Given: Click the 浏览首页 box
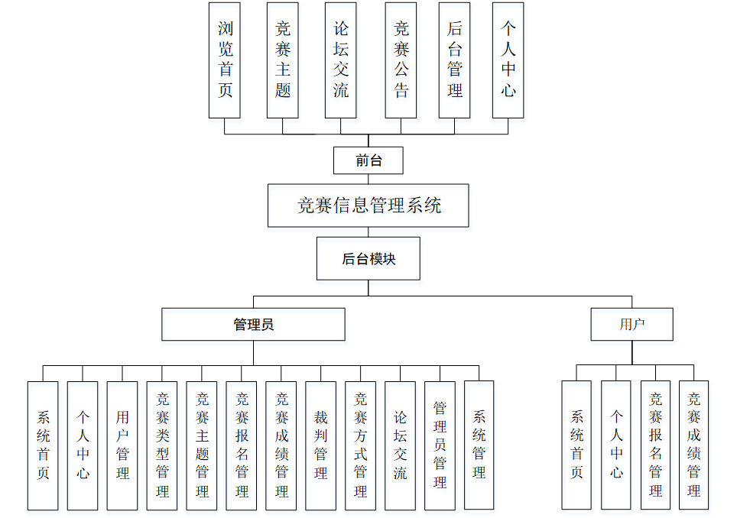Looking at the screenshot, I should (225, 60).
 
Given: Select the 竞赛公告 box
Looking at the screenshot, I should (401, 60).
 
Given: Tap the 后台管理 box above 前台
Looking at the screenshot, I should (455, 60).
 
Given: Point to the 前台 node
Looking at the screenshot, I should (368, 160).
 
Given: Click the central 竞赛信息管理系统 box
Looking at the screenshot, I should (368, 205).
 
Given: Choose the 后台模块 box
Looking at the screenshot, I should (368, 259).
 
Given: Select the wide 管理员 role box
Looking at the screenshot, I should (253, 324).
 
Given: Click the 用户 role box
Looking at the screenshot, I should (631, 324).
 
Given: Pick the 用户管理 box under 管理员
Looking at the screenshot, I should (122, 445).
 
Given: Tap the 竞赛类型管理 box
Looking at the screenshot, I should (162, 445).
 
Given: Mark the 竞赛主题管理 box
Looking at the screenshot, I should (202, 445).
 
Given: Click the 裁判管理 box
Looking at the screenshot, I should (320, 445).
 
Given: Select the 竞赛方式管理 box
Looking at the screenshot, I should (360, 445).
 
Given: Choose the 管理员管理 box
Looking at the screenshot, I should (440, 445).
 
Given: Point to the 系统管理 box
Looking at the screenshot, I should (479, 445).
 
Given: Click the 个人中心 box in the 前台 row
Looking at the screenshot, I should (508, 60).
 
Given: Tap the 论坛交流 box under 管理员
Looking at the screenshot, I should (400, 445).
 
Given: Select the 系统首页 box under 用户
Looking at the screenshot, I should (576, 445).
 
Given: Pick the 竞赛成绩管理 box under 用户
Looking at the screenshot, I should (693, 445).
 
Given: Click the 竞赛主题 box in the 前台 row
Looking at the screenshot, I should (283, 60).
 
